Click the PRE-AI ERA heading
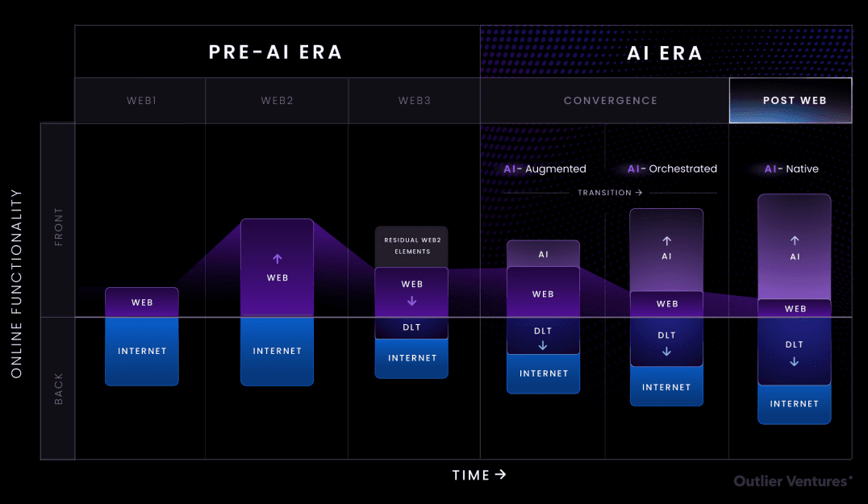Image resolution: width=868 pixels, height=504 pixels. tap(276, 52)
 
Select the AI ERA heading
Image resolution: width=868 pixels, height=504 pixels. tap(666, 53)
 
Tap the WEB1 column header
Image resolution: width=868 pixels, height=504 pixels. tap(141, 101)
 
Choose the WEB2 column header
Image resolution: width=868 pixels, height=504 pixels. tap(277, 101)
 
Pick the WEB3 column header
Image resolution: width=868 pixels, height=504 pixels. tap(415, 101)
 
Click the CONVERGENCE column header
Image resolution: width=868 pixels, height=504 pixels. tap(611, 101)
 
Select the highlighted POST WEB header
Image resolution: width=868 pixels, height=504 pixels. tap(791, 101)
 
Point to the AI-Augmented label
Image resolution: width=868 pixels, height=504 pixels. tap(545, 169)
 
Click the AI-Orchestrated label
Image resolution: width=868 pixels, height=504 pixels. tap(672, 169)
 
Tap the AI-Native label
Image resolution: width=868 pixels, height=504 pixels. tap(791, 169)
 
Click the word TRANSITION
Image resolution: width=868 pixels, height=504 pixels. tap(605, 193)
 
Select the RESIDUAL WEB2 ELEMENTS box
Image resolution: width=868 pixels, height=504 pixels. tap(412, 246)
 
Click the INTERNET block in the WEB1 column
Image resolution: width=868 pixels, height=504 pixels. tap(142, 352)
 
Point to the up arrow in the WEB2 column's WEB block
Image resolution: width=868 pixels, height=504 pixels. tap(278, 259)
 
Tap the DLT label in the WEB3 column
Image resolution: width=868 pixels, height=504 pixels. tap(412, 327)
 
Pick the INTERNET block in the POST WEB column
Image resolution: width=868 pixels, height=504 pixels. tap(795, 404)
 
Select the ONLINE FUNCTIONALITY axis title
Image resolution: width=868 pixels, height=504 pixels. tap(16, 284)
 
